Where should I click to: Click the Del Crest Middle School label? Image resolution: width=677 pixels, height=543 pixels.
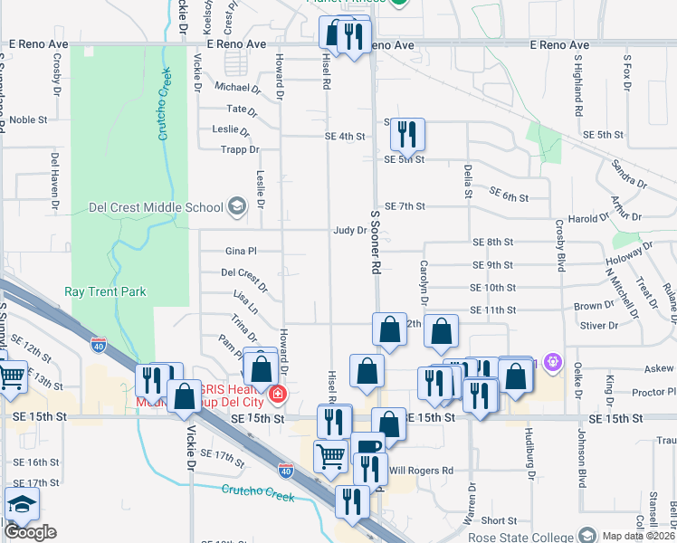(156, 207)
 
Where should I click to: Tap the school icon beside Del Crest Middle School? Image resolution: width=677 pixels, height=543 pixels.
(236, 207)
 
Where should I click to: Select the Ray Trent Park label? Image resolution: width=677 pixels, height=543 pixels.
(105, 291)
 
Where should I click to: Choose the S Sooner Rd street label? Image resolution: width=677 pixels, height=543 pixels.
(373, 241)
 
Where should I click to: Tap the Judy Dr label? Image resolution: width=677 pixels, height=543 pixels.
(349, 231)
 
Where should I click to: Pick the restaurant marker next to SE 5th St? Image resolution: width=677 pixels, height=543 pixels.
(407, 135)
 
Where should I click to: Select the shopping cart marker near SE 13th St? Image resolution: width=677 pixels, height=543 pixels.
(11, 375)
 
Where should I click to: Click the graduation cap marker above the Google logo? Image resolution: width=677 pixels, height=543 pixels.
(22, 504)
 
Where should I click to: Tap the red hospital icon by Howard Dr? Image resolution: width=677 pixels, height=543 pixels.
(277, 395)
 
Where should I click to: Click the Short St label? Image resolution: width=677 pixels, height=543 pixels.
(499, 520)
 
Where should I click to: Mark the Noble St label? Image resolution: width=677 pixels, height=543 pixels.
(28, 119)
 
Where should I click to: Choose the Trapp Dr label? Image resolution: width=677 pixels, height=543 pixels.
(242, 150)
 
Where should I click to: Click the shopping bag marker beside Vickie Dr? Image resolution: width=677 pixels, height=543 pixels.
(185, 396)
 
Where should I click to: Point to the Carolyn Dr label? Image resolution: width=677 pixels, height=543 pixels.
(424, 281)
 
